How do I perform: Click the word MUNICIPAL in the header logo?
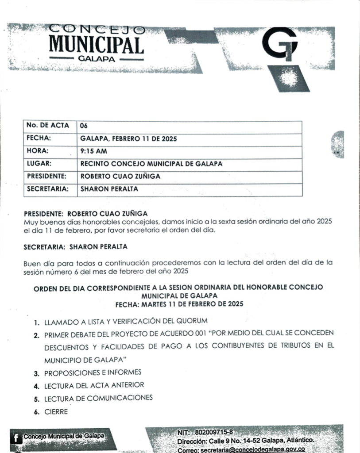[96, 45]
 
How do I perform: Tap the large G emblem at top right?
[280, 44]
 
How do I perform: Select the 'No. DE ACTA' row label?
[48, 126]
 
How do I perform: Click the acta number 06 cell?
[84, 126]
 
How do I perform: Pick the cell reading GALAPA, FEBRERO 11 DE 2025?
[128, 138]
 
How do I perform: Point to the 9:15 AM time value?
[93, 151]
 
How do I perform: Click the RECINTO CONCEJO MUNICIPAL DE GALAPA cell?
[151, 164]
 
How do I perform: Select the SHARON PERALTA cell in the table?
[109, 189]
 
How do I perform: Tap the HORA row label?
[39, 151]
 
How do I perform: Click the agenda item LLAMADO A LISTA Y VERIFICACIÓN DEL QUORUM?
[126, 321]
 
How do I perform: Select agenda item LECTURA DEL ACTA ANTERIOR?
[94, 385]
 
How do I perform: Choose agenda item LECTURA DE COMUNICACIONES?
[98, 398]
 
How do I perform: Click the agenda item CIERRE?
[56, 411]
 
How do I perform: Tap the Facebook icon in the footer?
[16, 438]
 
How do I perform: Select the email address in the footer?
[252, 449]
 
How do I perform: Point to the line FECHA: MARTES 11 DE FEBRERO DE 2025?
[179, 304]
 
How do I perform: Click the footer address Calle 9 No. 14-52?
[235, 441]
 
